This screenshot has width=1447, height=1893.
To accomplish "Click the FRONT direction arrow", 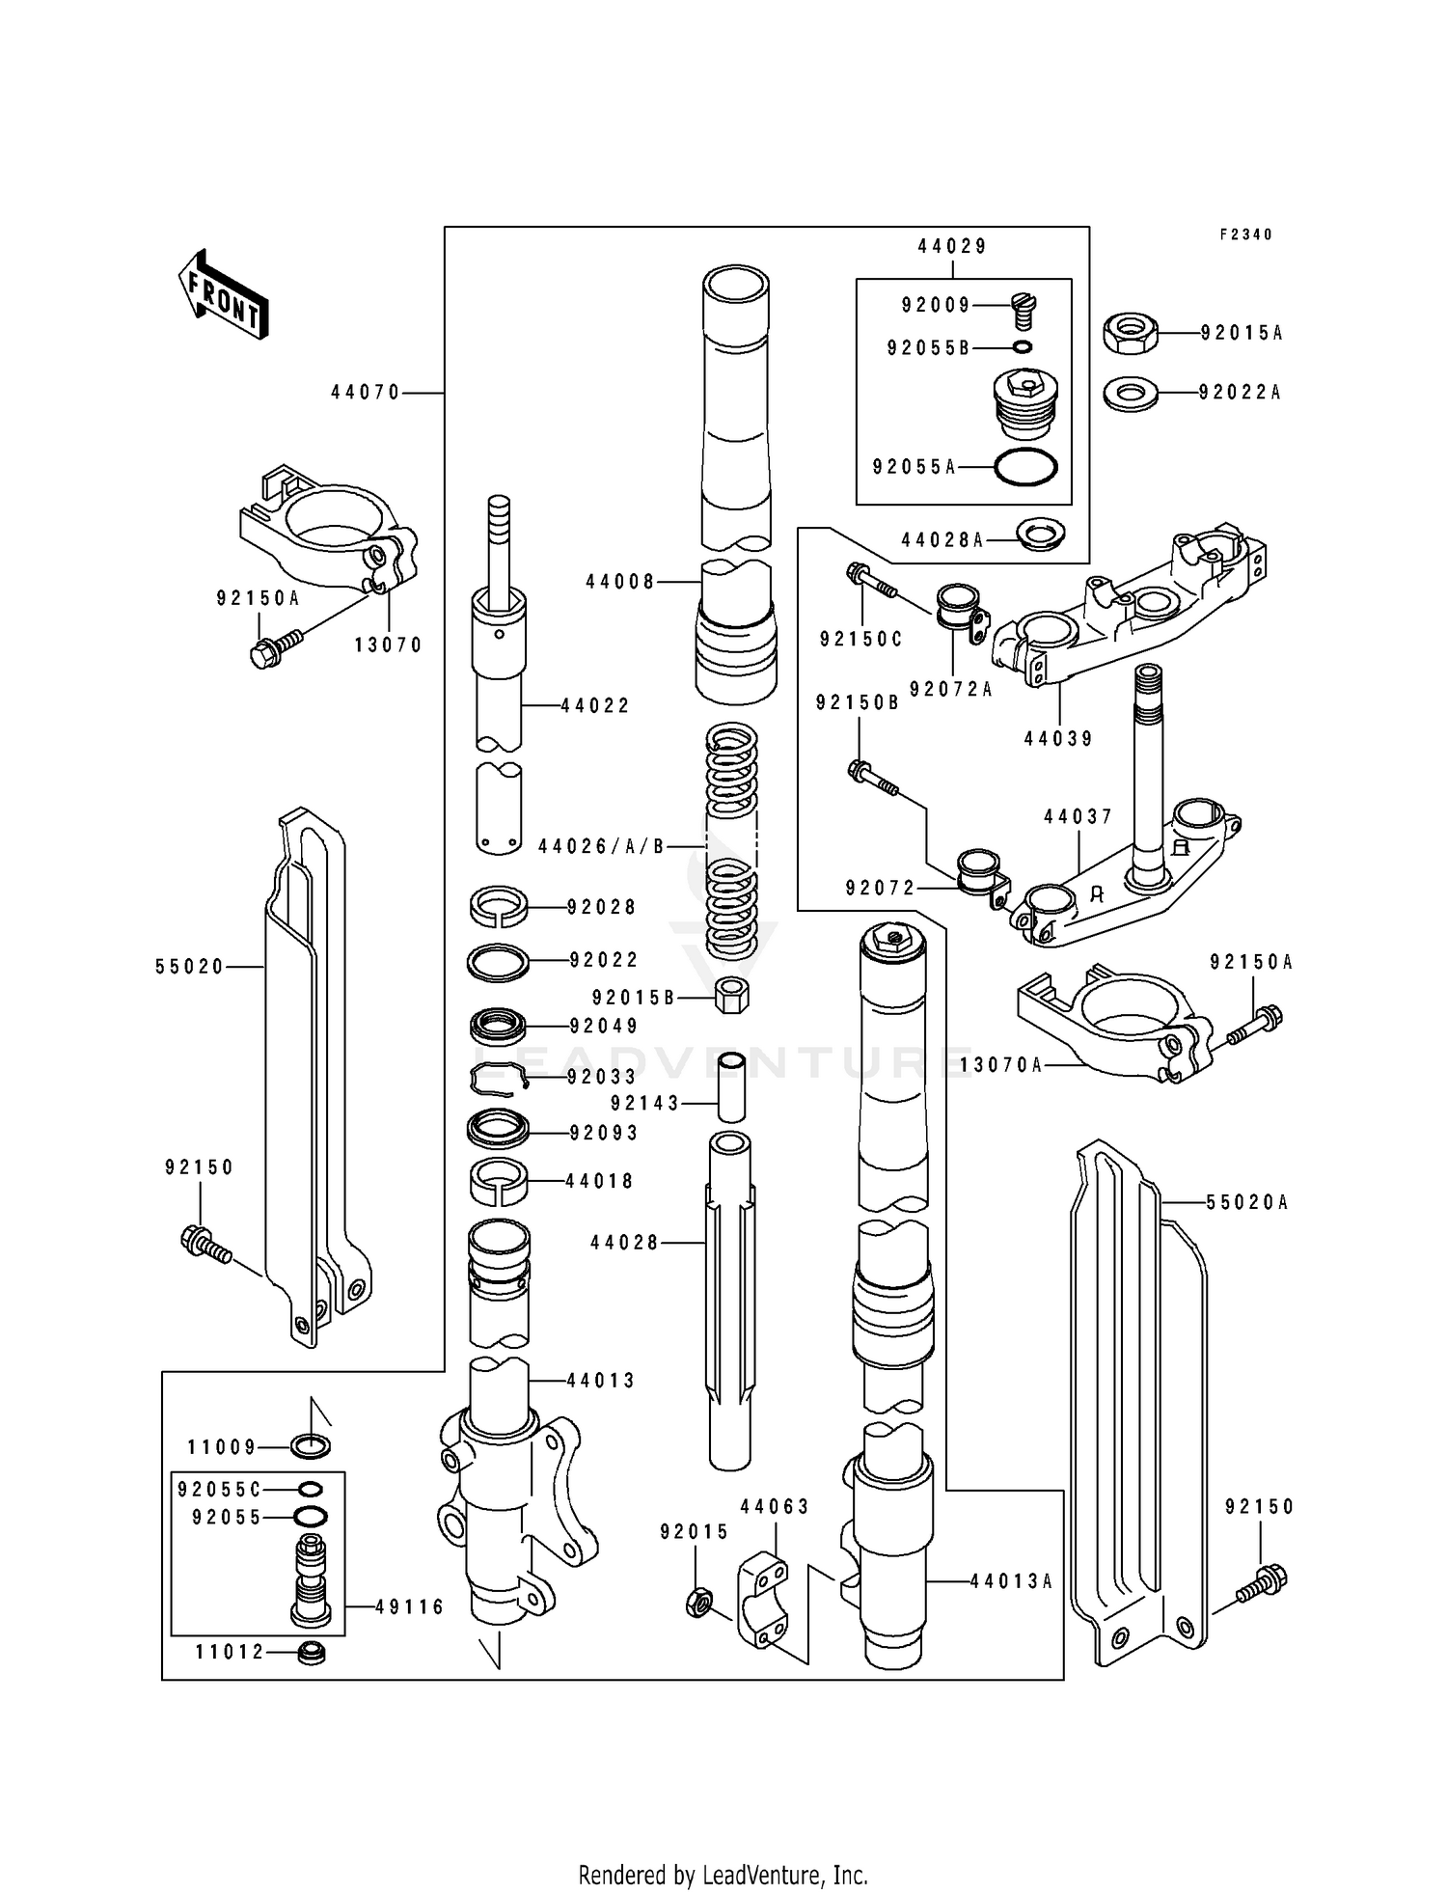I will pyautogui.click(x=223, y=295).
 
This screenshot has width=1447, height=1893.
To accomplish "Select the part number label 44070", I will pyautogui.click(x=365, y=393).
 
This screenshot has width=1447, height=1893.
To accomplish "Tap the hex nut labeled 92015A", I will pyautogui.click(x=1130, y=334).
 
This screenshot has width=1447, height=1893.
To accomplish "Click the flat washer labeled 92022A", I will pyautogui.click(x=1131, y=394).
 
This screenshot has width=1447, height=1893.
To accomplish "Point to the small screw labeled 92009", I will pyautogui.click(x=1024, y=310).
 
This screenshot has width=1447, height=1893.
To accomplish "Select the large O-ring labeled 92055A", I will pyautogui.click(x=1025, y=467).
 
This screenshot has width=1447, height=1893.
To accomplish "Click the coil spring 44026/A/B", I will pyautogui.click(x=732, y=845).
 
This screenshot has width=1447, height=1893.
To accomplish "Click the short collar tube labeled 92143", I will pyautogui.click(x=732, y=1088).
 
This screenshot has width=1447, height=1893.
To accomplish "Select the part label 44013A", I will pyautogui.click(x=1011, y=1581).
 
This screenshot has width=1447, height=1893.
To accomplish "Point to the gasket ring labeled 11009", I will pyautogui.click(x=310, y=1446).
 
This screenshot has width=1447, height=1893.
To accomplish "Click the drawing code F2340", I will pyautogui.click(x=1245, y=234).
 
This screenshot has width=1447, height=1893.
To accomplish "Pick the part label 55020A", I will pyautogui.click(x=1246, y=1202).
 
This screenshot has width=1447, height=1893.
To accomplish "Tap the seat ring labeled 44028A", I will pyautogui.click(x=1041, y=533).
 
